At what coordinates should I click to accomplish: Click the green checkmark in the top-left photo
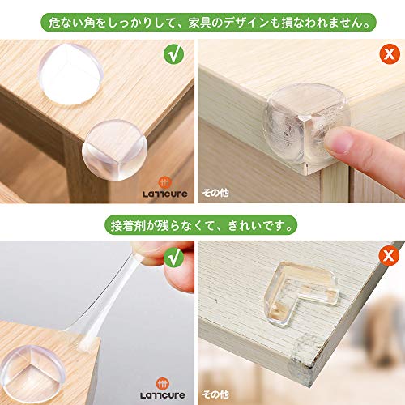173,54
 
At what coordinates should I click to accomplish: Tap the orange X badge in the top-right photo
390,54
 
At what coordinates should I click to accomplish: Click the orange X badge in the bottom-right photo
389,255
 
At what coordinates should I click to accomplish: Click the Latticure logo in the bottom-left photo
162,389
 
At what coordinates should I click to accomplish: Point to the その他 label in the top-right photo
215,193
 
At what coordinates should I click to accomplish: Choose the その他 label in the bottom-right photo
215,394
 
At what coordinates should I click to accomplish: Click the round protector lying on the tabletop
70,74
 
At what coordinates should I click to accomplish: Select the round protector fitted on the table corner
114,150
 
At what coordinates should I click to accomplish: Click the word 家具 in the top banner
199,23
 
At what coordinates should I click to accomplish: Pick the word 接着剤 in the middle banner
128,225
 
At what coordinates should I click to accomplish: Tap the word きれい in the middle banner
245,225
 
